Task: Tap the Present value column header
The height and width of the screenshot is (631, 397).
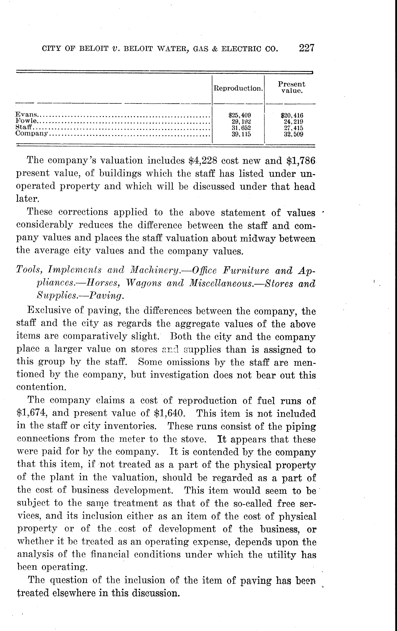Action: [292, 87]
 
